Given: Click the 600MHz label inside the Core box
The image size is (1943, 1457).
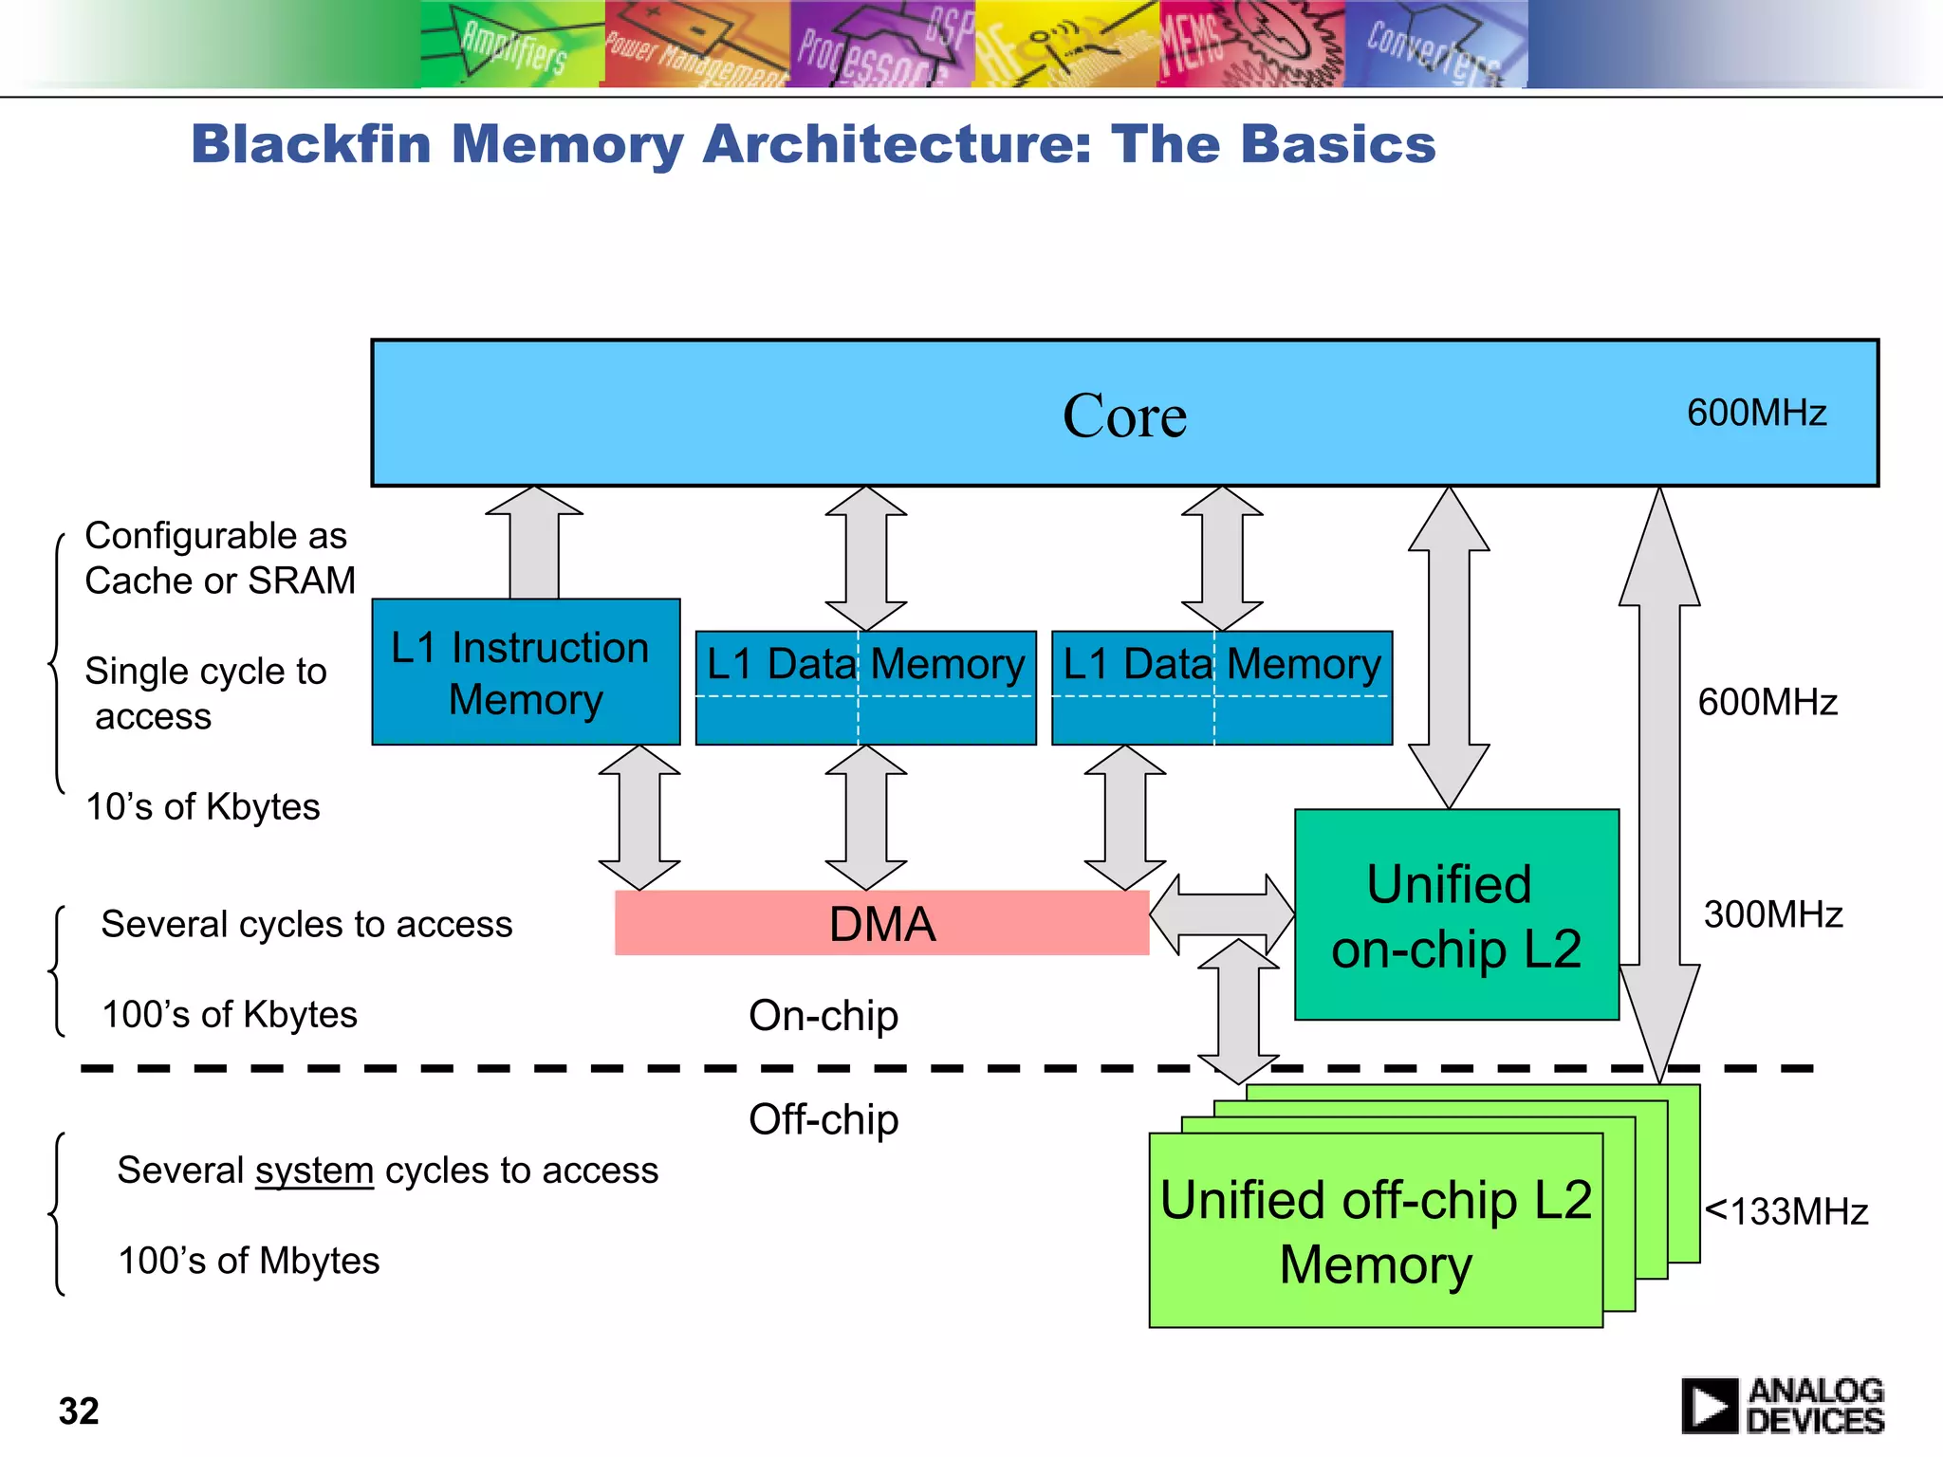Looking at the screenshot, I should click(1756, 413).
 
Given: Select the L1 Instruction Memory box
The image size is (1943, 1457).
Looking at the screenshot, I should click(526, 672).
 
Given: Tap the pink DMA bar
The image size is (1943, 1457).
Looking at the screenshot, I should click(881, 923).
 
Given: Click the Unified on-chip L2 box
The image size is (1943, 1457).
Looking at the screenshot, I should click(1456, 915).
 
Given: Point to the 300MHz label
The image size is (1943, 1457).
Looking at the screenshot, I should click(1772, 914).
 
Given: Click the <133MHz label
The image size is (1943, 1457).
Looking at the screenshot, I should click(1786, 1211).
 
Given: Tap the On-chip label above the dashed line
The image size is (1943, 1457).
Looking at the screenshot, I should click(823, 1015).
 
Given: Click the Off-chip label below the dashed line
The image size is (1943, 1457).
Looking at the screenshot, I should click(823, 1119).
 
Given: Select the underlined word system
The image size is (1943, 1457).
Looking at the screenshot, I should click(314, 1171).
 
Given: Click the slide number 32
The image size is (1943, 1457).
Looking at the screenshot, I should click(79, 1411).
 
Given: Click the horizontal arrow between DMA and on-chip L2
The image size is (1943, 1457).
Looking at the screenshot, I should click(1222, 914).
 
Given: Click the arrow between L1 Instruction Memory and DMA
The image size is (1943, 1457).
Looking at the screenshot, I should click(639, 818).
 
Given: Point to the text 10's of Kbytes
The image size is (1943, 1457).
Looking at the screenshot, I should click(202, 806).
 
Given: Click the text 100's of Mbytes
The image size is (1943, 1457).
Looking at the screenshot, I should click(249, 1261).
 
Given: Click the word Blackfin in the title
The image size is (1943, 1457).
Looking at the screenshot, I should click(312, 144).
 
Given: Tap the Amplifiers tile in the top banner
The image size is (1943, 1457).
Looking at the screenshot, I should click(511, 44).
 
